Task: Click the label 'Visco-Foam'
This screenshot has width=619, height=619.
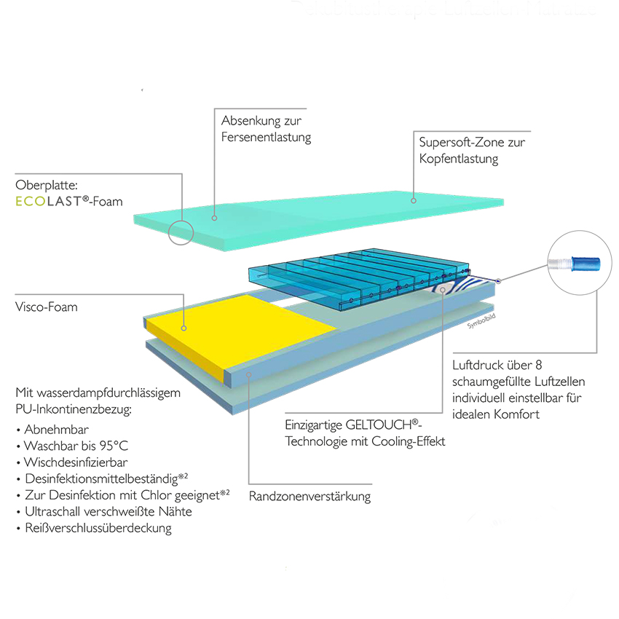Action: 47,307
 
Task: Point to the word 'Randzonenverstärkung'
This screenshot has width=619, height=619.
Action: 309,497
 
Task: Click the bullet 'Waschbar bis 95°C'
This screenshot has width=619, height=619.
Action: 76,446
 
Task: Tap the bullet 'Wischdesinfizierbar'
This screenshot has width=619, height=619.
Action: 76,462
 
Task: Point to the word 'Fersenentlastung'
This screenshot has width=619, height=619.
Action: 267,137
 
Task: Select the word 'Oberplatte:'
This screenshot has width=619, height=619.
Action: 44,184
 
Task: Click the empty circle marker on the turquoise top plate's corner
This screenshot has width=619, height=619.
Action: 180,233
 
